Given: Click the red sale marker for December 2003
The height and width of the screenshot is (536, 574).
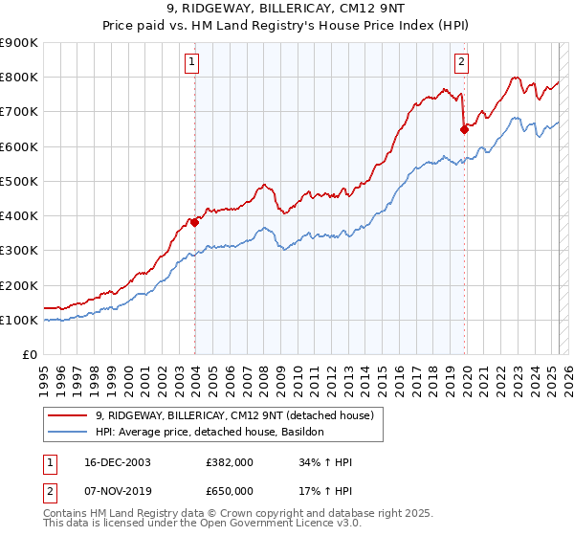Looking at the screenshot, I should click(x=194, y=222).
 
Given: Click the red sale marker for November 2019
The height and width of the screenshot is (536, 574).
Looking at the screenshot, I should click(x=464, y=128).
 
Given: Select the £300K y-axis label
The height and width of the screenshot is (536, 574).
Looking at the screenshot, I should click(x=19, y=251).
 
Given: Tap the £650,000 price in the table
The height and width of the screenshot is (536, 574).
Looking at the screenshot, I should click(x=230, y=490).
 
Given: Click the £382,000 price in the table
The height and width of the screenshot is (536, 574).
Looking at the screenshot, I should click(x=230, y=462).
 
